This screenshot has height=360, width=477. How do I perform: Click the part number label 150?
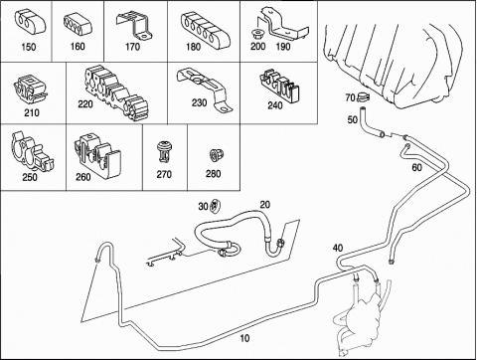click(29, 47)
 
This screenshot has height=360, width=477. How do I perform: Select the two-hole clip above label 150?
click(30, 23)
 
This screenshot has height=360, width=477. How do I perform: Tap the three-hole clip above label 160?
click(78, 23)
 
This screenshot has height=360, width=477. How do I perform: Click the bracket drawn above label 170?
click(134, 26)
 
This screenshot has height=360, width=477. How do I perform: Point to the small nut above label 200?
click(256, 34)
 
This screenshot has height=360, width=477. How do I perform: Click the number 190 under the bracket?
click(283, 47)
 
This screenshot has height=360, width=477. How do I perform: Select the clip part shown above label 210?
click(31, 88)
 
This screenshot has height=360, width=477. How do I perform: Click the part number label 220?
click(85, 104)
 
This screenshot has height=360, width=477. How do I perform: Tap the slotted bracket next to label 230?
click(205, 87)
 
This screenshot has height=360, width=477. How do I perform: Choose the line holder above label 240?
click(279, 85)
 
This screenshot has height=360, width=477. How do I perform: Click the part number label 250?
click(30, 177)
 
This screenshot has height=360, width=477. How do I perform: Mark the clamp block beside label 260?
click(97, 153)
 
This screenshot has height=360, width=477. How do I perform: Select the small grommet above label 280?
click(217, 155)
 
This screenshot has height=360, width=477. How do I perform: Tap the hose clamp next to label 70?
click(363, 97)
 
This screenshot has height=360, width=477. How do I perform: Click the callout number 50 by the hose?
click(353, 119)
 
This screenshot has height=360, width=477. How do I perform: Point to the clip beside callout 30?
click(216, 206)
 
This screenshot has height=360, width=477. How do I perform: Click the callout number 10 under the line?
click(244, 338)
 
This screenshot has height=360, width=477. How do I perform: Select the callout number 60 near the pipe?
click(417, 168)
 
